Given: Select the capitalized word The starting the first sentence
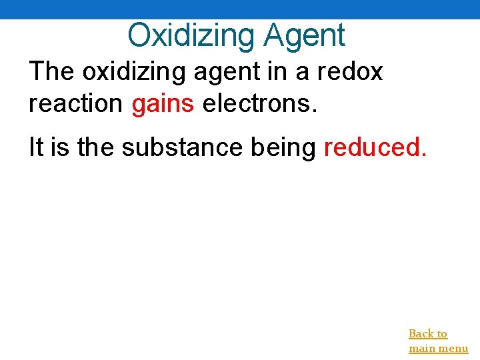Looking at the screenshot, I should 52,71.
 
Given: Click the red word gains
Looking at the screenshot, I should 163,104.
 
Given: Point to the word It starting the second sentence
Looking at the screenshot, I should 35,147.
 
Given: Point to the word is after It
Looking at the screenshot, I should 60,147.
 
